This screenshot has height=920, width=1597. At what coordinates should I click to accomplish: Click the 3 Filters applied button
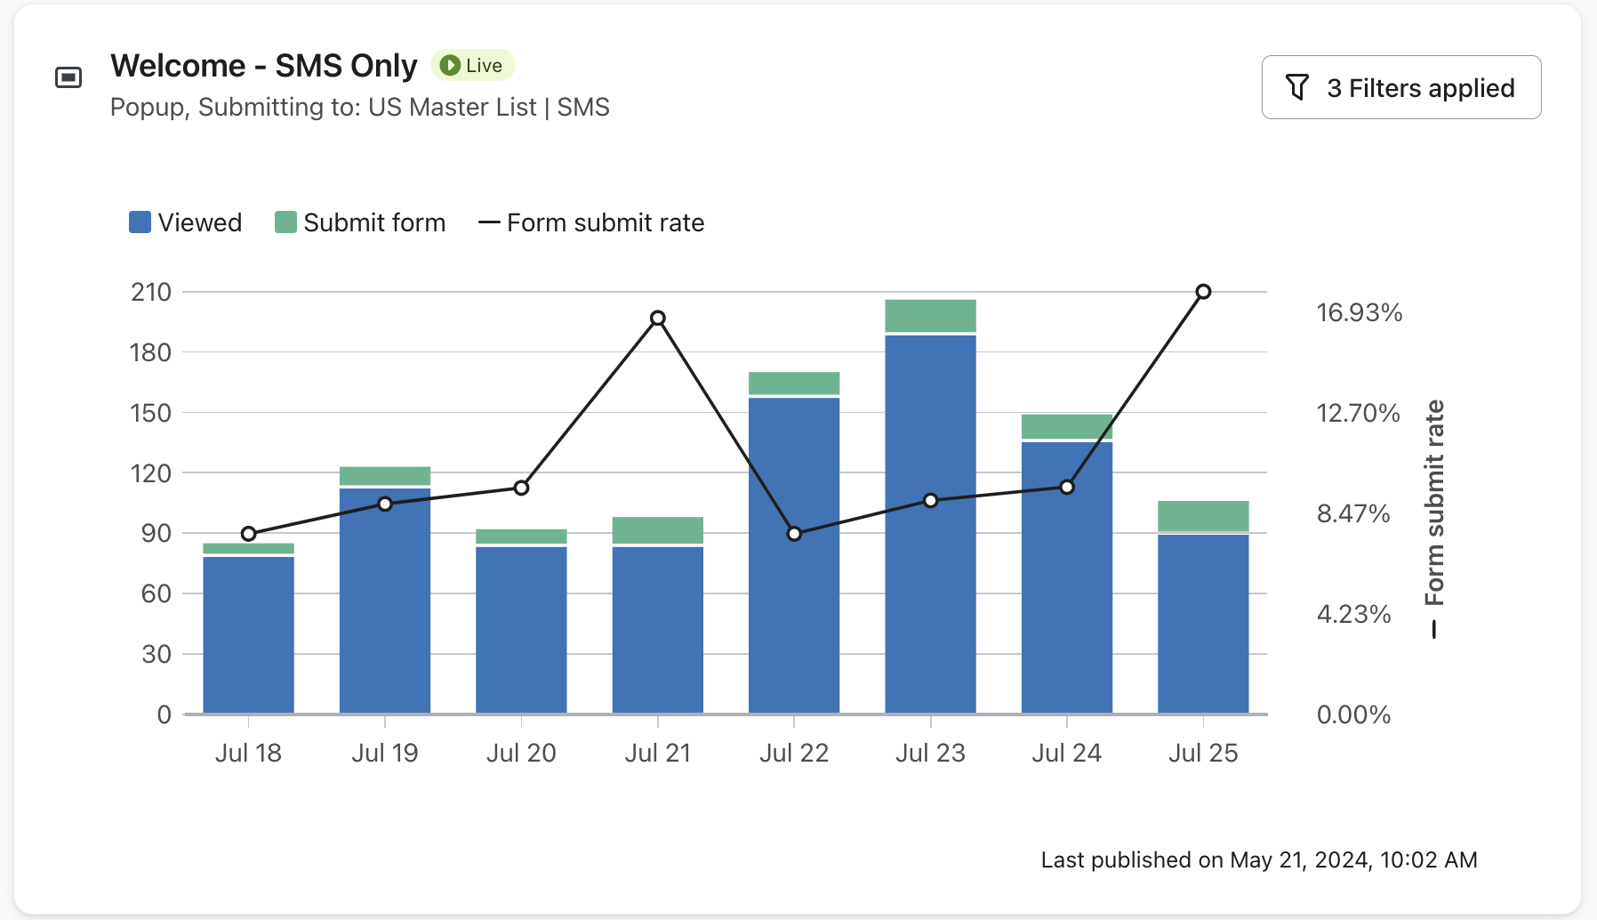point(1400,87)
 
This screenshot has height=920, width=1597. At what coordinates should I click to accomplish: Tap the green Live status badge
point(473,65)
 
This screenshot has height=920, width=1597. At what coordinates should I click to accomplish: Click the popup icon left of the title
point(68,77)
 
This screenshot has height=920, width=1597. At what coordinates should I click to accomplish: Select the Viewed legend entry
point(186,222)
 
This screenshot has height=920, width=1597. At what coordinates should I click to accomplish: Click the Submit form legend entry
point(360,222)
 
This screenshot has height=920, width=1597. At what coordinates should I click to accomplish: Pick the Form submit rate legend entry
point(591,222)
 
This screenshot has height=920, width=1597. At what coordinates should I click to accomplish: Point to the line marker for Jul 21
point(658,318)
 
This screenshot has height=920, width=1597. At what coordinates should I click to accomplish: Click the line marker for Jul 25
point(1203,292)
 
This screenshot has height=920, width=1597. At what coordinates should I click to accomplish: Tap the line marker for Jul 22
point(794,534)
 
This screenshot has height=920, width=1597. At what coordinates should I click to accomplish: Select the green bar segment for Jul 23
point(930,316)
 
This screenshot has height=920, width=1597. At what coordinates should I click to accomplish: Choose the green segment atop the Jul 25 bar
point(1203,516)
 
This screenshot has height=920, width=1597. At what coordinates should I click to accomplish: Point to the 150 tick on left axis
point(151,413)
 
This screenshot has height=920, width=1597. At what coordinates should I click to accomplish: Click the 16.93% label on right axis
point(1359,312)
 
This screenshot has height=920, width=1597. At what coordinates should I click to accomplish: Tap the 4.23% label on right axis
point(1353,614)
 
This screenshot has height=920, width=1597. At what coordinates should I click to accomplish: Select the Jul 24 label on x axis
point(1066,753)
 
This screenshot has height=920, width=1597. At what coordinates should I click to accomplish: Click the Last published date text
point(1258,859)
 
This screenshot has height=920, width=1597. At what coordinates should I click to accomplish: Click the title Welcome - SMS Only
point(264,66)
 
